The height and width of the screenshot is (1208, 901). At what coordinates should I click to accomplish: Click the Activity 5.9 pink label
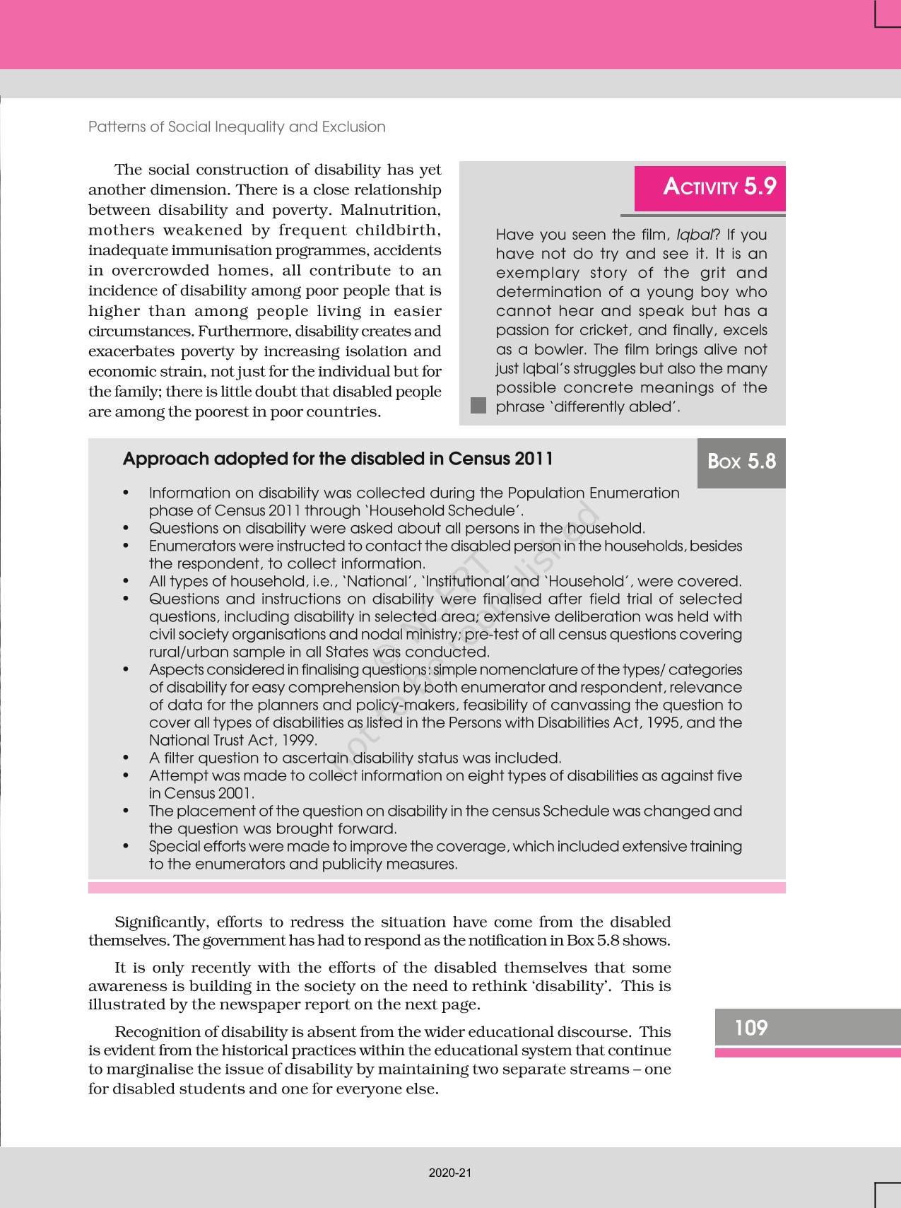coord(709,187)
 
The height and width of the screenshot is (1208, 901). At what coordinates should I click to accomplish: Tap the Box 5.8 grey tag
coord(741,462)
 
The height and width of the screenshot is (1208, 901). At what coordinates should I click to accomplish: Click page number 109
coord(750,1027)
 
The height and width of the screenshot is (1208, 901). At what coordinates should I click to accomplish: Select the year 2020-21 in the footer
coord(449,1173)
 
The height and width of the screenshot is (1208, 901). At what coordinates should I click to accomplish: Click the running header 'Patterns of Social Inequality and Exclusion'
coord(237,127)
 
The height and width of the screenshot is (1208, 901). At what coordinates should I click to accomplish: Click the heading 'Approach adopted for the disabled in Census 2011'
coord(338,459)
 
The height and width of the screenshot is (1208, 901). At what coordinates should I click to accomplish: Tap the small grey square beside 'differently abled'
coord(478,406)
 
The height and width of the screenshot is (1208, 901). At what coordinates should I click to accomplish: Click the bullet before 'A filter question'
coord(126,758)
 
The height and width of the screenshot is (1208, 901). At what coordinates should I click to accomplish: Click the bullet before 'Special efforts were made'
coord(126,846)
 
